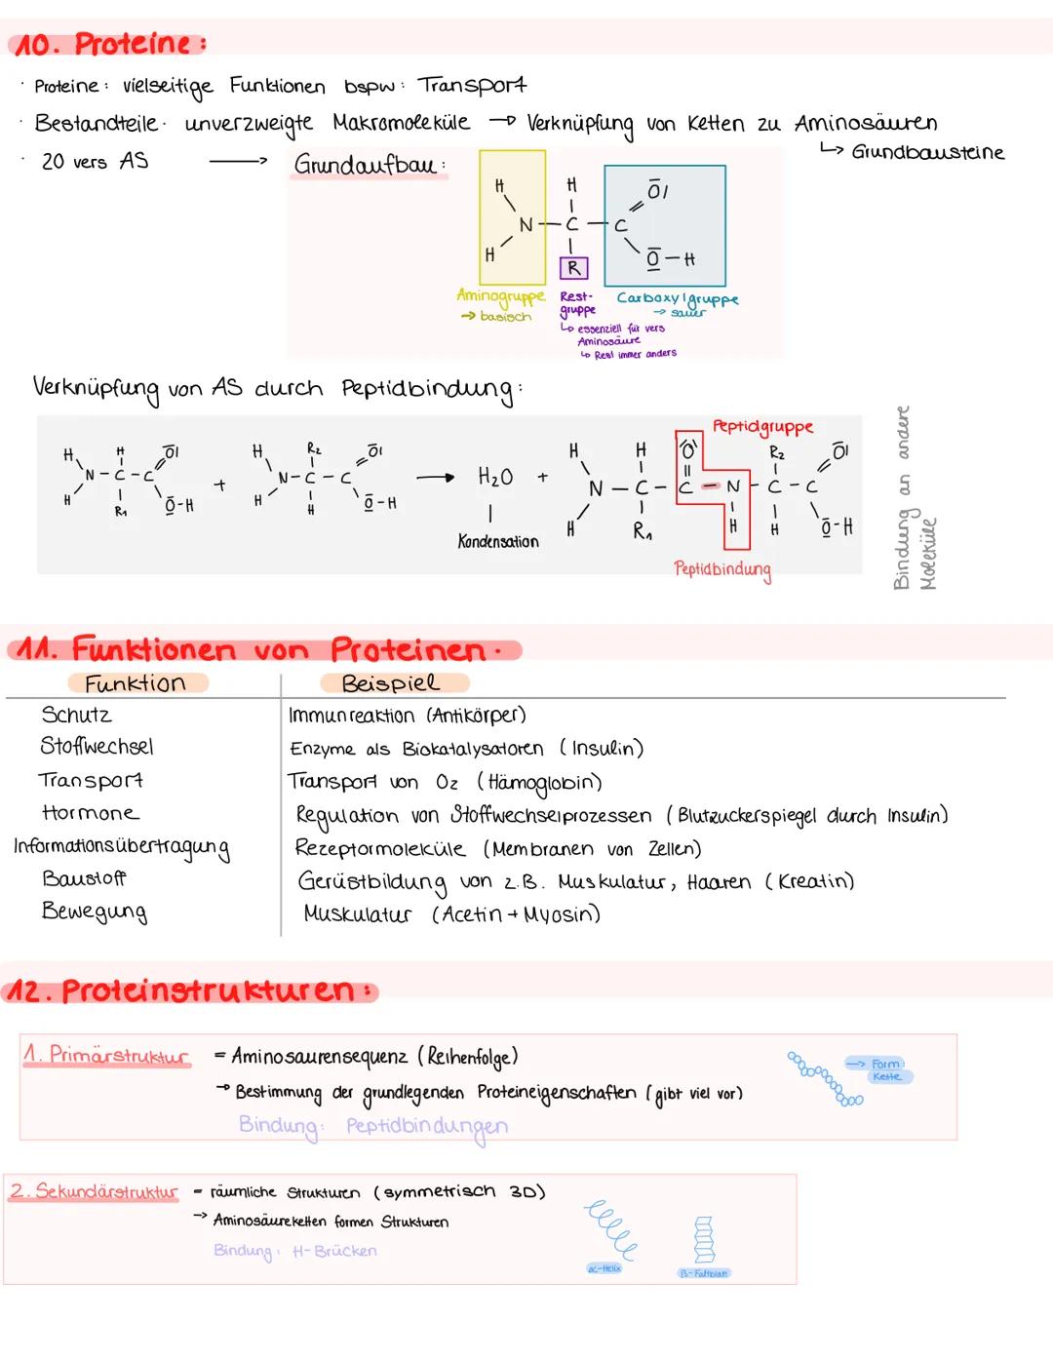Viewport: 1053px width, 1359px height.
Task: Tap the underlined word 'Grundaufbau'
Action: coord(366,165)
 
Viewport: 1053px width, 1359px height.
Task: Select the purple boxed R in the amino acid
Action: coord(573,267)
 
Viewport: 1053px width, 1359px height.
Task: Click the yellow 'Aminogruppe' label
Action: coord(500,295)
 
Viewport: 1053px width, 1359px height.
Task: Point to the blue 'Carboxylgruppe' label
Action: coord(678,299)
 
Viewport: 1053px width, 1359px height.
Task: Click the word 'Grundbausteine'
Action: coord(927,152)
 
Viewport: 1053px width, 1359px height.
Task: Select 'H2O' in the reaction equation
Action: coord(495,477)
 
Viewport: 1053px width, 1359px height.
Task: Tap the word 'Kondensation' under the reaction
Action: coord(497,541)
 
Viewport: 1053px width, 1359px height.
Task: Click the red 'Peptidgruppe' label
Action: coord(762,427)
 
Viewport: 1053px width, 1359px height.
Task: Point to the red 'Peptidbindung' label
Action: coord(721,568)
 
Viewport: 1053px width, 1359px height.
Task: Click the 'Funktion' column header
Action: coord(135,683)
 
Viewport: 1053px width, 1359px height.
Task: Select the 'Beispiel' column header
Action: coord(390,683)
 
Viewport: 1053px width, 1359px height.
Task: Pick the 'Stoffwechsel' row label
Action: coord(97,747)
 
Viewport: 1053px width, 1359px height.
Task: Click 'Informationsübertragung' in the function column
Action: coord(122,847)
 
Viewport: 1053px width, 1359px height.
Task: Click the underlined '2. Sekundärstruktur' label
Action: coord(94,1191)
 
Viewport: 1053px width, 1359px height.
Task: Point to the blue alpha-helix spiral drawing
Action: coord(610,1228)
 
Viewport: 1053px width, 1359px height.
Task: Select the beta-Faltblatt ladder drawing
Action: coord(704,1239)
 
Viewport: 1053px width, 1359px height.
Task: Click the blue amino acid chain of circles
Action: coord(824,1077)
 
